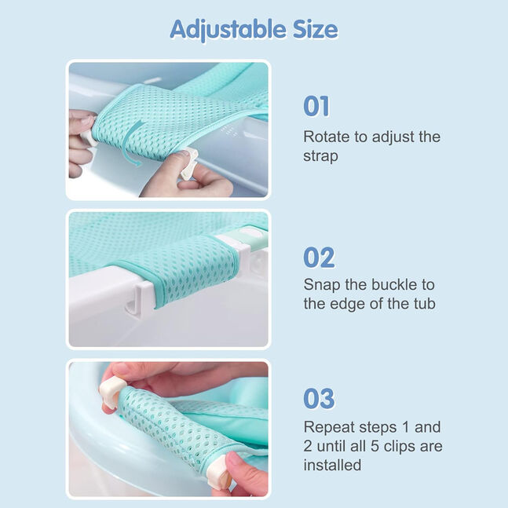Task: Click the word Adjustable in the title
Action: click(228, 30)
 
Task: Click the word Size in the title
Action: click(315, 29)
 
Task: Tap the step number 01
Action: click(316, 106)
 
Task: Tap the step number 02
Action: click(319, 258)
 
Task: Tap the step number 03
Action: click(319, 399)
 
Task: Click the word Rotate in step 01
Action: click(327, 137)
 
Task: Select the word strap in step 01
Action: click(321, 156)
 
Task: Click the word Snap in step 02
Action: click(322, 286)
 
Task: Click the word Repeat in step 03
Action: click(329, 428)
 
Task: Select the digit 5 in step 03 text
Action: click(375, 447)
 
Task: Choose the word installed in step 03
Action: click(332, 466)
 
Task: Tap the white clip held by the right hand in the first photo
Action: click(189, 163)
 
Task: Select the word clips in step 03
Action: click(400, 447)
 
